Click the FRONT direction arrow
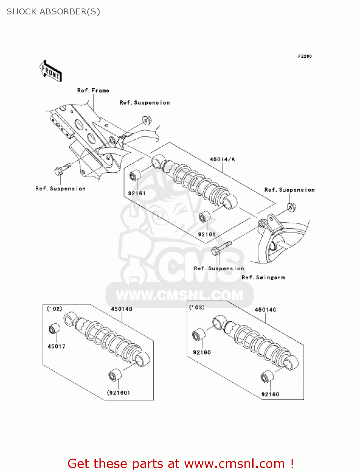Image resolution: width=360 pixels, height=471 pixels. point(51,71)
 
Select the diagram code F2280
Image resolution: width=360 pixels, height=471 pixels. point(305,56)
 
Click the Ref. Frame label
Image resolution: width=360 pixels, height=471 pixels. point(93,90)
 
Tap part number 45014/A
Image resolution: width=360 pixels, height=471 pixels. point(222,159)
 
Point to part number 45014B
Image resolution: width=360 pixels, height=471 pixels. point(121,309)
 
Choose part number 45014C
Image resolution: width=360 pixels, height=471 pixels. point(265,310)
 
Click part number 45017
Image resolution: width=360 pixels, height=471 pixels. point(56,346)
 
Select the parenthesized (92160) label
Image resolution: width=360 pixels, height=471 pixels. point(118,392)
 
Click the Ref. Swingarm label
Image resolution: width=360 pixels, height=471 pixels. point(263,277)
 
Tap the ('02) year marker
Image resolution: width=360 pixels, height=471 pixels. point(54,309)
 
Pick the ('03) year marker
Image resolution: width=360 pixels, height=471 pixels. point(197,307)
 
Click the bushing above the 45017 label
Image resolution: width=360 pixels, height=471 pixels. point(54,328)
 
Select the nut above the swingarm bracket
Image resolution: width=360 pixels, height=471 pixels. point(291,207)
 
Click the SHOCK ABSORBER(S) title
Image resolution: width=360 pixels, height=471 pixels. point(53,12)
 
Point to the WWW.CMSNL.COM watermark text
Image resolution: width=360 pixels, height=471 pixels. point(179,295)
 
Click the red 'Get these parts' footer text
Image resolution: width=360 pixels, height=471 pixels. point(180,463)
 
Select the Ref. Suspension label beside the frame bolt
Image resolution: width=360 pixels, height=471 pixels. point(61,189)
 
